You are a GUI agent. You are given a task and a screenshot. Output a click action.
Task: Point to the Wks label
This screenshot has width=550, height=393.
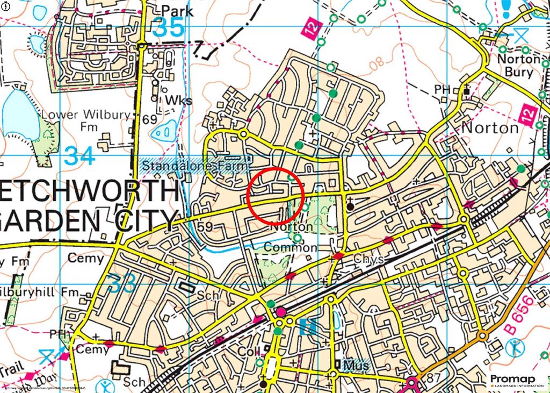[178, 101]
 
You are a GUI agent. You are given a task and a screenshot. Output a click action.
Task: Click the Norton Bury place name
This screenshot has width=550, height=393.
[518, 65]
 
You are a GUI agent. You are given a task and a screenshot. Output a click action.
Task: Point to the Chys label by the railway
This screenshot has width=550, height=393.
[368, 260]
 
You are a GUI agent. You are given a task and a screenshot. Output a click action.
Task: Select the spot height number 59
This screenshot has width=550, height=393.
[205, 226]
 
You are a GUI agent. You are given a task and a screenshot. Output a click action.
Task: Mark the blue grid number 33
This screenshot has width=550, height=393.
[121, 283]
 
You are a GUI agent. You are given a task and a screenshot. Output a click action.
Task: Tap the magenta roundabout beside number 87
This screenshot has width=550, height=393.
[413, 383]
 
